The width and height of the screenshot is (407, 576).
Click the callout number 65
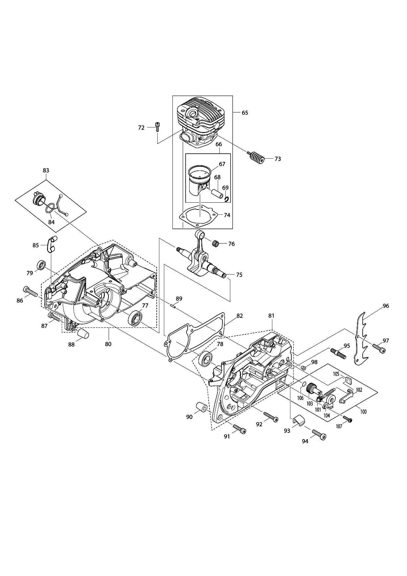245,113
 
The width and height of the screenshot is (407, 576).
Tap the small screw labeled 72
157,126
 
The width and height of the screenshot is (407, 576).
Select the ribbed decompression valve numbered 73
256,158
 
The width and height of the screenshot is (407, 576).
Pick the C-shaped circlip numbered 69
226,198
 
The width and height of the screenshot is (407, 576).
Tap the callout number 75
239,275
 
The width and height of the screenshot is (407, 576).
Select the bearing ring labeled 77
135,318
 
